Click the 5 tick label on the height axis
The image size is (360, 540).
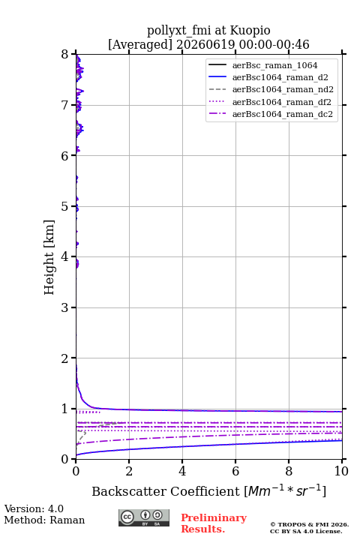click(x=65, y=206)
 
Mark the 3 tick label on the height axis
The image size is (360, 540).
click(x=65, y=307)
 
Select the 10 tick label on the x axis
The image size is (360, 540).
click(x=341, y=471)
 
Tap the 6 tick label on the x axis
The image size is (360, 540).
click(x=235, y=471)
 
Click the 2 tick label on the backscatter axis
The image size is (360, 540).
click(x=129, y=471)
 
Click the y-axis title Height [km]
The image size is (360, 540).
click(x=49, y=257)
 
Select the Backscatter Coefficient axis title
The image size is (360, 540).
click(x=208, y=490)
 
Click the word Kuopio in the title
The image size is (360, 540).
click(x=250, y=31)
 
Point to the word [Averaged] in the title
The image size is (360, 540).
click(x=140, y=44)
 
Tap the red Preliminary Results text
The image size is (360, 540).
click(x=214, y=523)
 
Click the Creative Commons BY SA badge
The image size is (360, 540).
click(x=144, y=518)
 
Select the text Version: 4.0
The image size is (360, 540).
click(x=34, y=508)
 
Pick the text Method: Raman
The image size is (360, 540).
click(x=44, y=520)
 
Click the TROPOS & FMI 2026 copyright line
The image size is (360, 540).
click(x=309, y=524)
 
